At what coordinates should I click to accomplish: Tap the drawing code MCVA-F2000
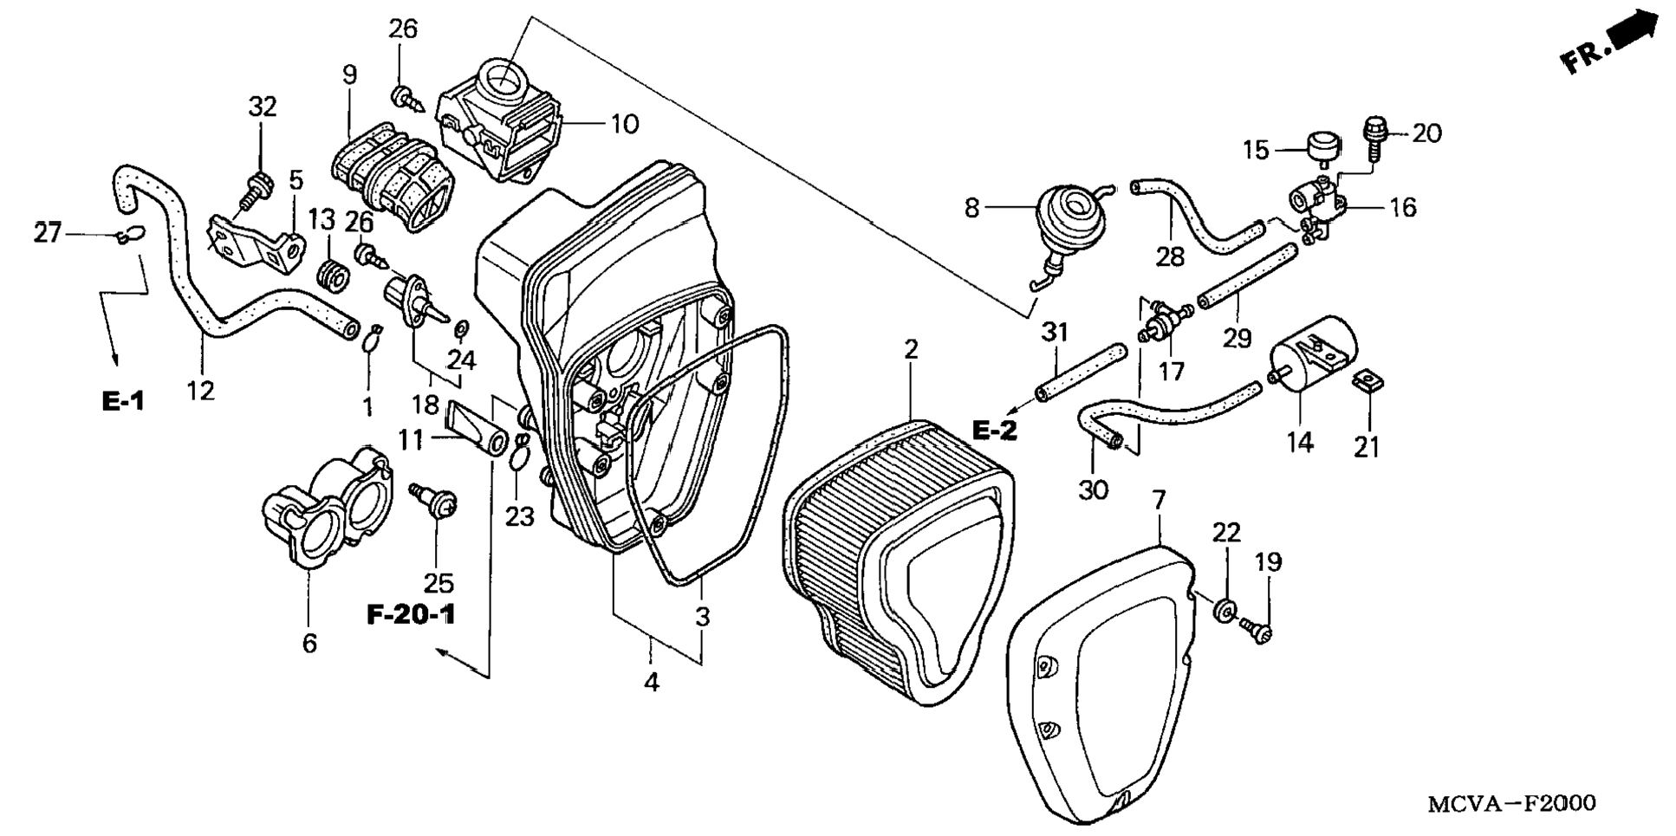click(x=1511, y=804)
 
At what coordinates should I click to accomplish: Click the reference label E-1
click(x=123, y=401)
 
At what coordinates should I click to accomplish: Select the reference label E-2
click(x=994, y=430)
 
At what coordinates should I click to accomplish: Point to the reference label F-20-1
click(x=411, y=615)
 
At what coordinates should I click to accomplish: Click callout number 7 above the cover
click(x=1160, y=500)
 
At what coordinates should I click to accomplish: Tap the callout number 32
click(x=263, y=107)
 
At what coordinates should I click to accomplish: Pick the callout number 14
click(x=1300, y=443)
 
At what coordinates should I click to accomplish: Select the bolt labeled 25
click(x=435, y=502)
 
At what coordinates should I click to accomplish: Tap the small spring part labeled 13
click(x=332, y=275)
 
